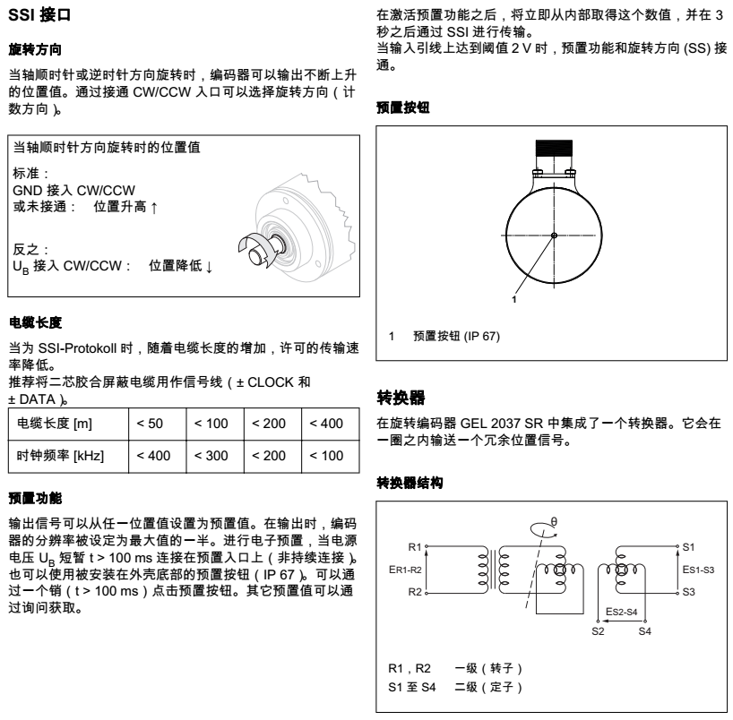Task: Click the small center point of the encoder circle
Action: pyautogui.click(x=555, y=236)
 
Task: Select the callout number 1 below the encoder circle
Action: pyautogui.click(x=514, y=299)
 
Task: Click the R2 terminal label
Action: pyautogui.click(x=414, y=592)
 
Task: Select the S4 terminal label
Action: pyautogui.click(x=644, y=631)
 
